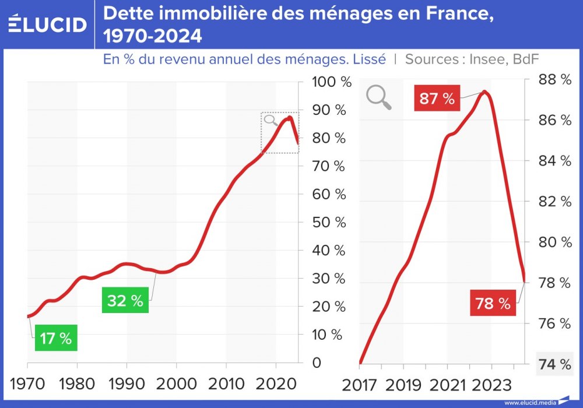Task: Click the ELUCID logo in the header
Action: (x=47, y=24)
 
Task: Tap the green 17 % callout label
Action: (x=56, y=339)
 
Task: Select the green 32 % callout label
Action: (x=125, y=301)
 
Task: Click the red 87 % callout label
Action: (x=437, y=99)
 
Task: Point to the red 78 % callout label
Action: (x=493, y=303)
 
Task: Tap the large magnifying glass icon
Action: (x=378, y=97)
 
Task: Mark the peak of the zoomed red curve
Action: (x=484, y=92)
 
